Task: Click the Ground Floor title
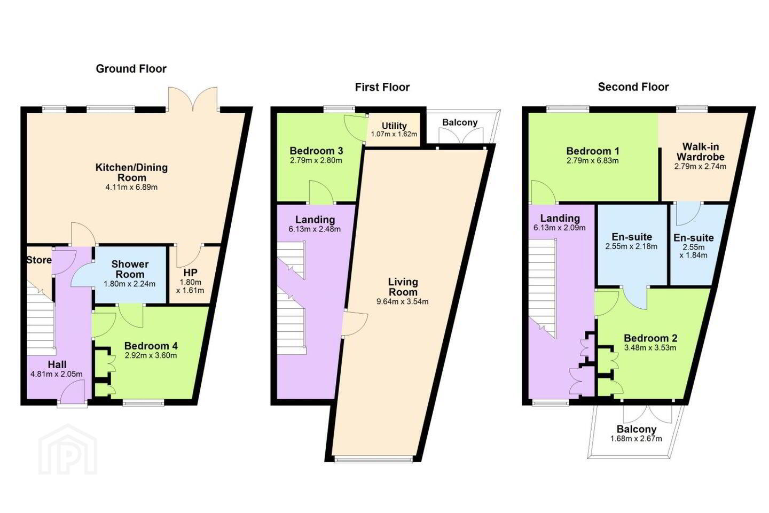tap(131, 69)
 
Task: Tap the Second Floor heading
tap(633, 87)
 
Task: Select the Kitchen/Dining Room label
tap(131, 173)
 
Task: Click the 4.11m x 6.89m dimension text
tap(131, 187)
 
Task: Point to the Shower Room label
tap(130, 269)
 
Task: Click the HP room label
tap(190, 273)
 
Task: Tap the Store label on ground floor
tap(39, 260)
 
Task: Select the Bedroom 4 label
tap(151, 346)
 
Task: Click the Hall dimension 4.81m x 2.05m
tap(57, 374)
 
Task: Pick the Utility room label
tap(394, 126)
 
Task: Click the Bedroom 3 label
tap(316, 151)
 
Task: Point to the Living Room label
tap(403, 287)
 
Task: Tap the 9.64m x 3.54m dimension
tap(402, 302)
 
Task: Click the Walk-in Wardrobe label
tap(700, 152)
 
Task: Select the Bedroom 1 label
tap(593, 151)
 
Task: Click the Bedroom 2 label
tap(650, 338)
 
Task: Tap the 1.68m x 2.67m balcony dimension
tap(636, 438)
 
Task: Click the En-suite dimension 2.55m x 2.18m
tap(631, 246)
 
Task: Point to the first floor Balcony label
tap(460, 123)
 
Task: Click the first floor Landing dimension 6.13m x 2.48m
tap(315, 229)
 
